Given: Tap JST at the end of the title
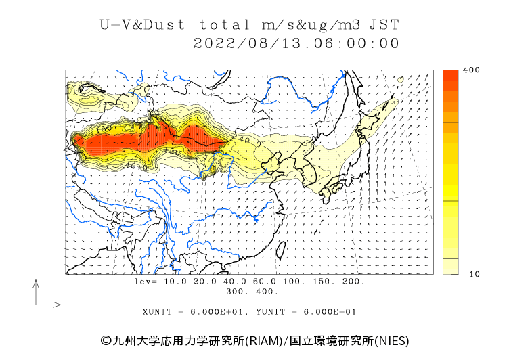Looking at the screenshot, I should pos(385,26).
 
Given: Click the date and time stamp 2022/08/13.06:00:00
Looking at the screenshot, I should pos(296,43).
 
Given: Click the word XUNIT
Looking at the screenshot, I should pos(157,312).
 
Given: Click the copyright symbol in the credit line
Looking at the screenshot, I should pos(106,340).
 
